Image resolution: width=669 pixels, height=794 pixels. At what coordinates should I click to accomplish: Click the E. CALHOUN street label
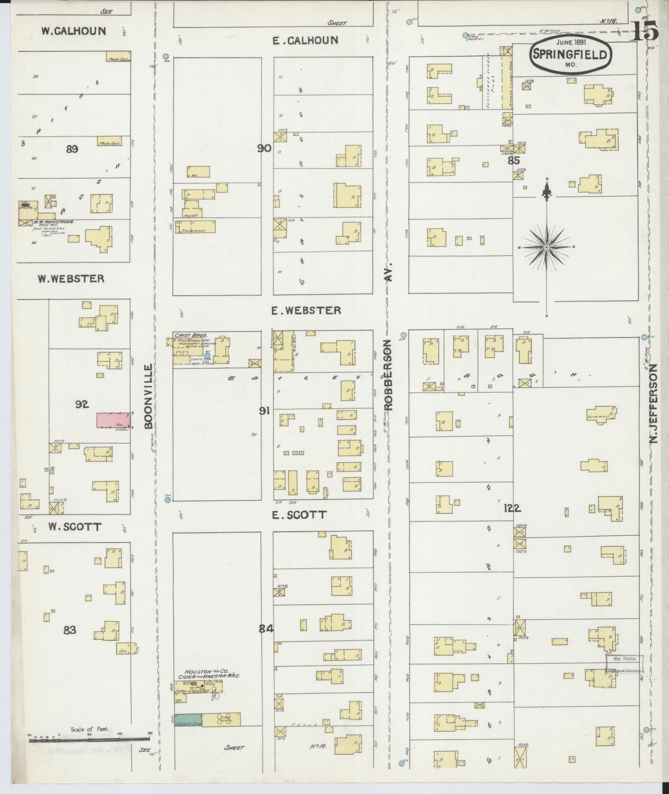click(x=306, y=41)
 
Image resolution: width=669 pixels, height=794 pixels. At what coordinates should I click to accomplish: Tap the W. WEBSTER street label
click(x=71, y=279)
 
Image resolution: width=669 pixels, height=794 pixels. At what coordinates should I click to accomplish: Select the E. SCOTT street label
click(x=299, y=515)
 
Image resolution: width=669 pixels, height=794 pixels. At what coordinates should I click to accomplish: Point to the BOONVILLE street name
click(x=149, y=396)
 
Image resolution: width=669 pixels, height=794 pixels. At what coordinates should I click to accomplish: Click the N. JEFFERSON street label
click(x=654, y=403)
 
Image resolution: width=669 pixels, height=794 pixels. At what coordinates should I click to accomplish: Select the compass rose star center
click(x=547, y=247)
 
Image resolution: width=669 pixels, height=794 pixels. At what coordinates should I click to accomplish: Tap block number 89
click(x=72, y=149)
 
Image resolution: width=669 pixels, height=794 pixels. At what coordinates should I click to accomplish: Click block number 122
click(x=513, y=508)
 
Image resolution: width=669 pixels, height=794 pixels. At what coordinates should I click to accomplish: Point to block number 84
click(x=266, y=640)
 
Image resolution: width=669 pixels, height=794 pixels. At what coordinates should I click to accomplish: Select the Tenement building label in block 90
click(x=195, y=230)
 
